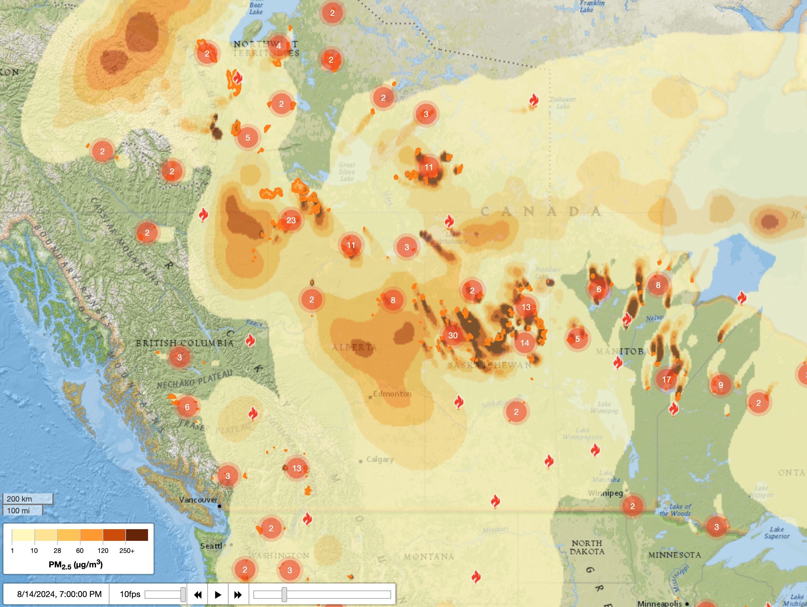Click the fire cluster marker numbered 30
(453, 336)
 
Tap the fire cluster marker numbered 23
(291, 220)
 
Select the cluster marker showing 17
(666, 379)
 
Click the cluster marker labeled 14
(525, 343)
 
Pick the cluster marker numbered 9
(721, 385)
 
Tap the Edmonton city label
(392, 394)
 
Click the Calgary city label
(379, 460)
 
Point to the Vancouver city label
(198, 500)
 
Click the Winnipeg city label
(605, 493)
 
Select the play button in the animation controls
(218, 595)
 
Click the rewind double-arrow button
(198, 595)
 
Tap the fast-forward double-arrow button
(238, 595)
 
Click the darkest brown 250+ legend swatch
(137, 535)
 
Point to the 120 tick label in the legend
(103, 551)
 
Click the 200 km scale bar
(28, 498)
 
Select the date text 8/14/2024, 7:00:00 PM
(60, 594)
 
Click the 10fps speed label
(130, 594)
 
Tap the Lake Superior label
(776, 533)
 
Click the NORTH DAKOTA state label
(587, 547)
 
